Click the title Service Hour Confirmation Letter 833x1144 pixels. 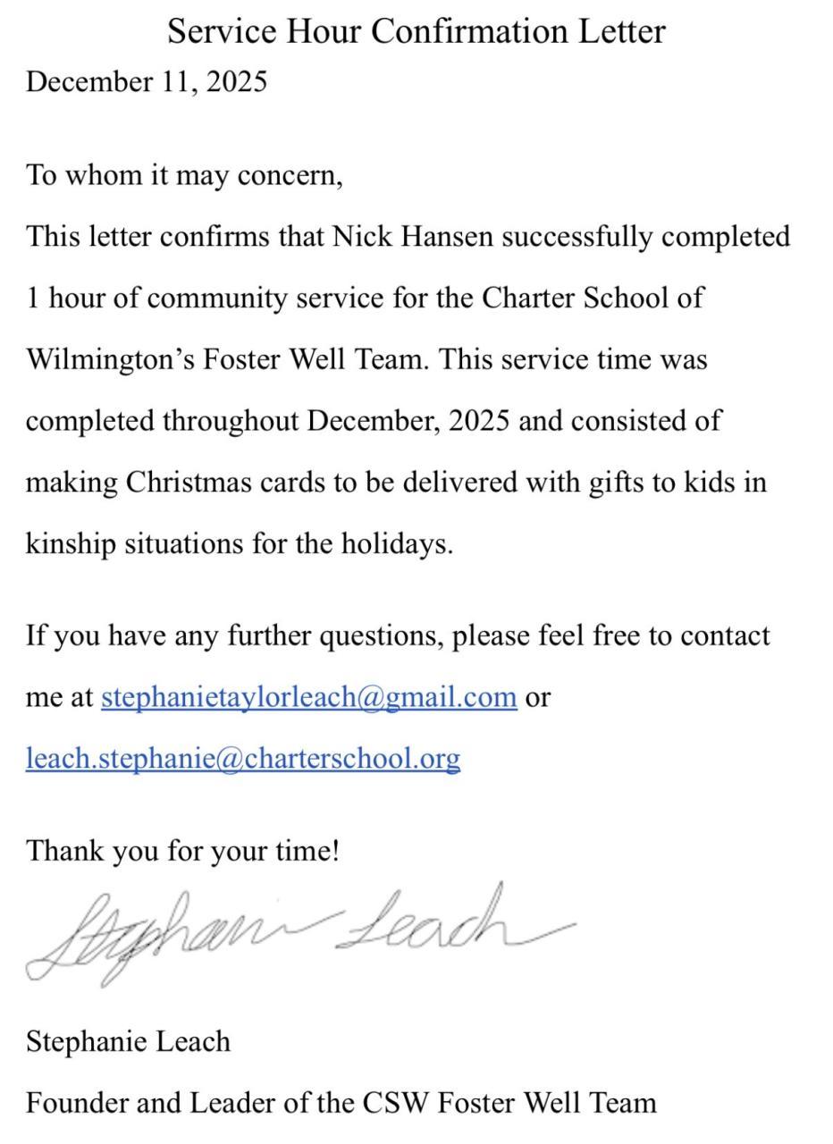(416, 31)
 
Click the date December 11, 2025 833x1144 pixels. (147, 81)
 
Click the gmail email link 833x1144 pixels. (308, 696)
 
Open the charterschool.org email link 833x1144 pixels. (242, 758)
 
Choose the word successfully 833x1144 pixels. (577, 236)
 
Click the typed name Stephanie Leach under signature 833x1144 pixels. (128, 1041)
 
